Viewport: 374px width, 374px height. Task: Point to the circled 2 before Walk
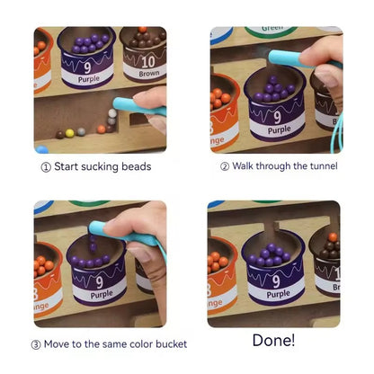(x=225, y=166)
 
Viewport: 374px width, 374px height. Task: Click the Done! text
(x=274, y=341)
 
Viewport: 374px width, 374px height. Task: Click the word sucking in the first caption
(x=102, y=166)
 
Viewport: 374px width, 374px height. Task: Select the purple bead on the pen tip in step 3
(x=92, y=241)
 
